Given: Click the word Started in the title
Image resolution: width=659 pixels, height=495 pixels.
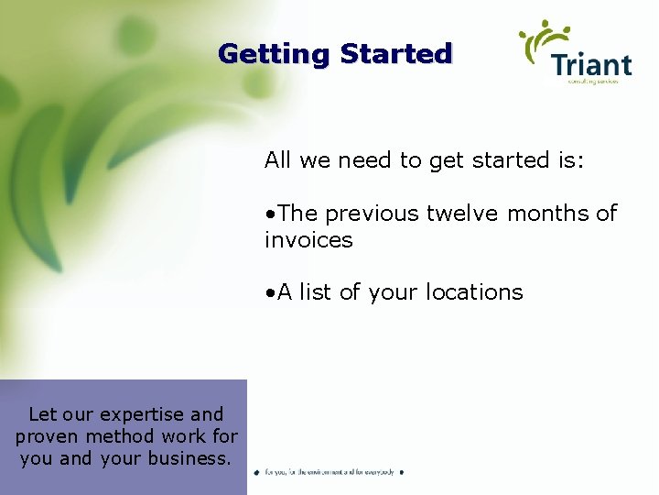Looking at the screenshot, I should point(395,54).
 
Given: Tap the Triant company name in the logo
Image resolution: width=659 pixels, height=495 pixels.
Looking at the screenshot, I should point(591,65).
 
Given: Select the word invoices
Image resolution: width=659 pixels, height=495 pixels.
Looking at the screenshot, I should point(308,240).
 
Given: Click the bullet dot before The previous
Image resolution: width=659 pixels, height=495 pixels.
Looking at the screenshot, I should point(270,214).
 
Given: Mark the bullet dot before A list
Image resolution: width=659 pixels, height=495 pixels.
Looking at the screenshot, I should point(270,293).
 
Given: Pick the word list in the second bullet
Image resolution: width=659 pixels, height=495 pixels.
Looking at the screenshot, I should point(316,292).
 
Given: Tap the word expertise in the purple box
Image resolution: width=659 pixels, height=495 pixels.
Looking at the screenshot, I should point(142,414).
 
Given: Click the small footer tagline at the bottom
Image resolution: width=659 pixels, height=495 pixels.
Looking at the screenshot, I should point(329,472).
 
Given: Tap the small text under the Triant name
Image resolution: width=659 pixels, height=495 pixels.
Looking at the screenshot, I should point(592,82).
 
